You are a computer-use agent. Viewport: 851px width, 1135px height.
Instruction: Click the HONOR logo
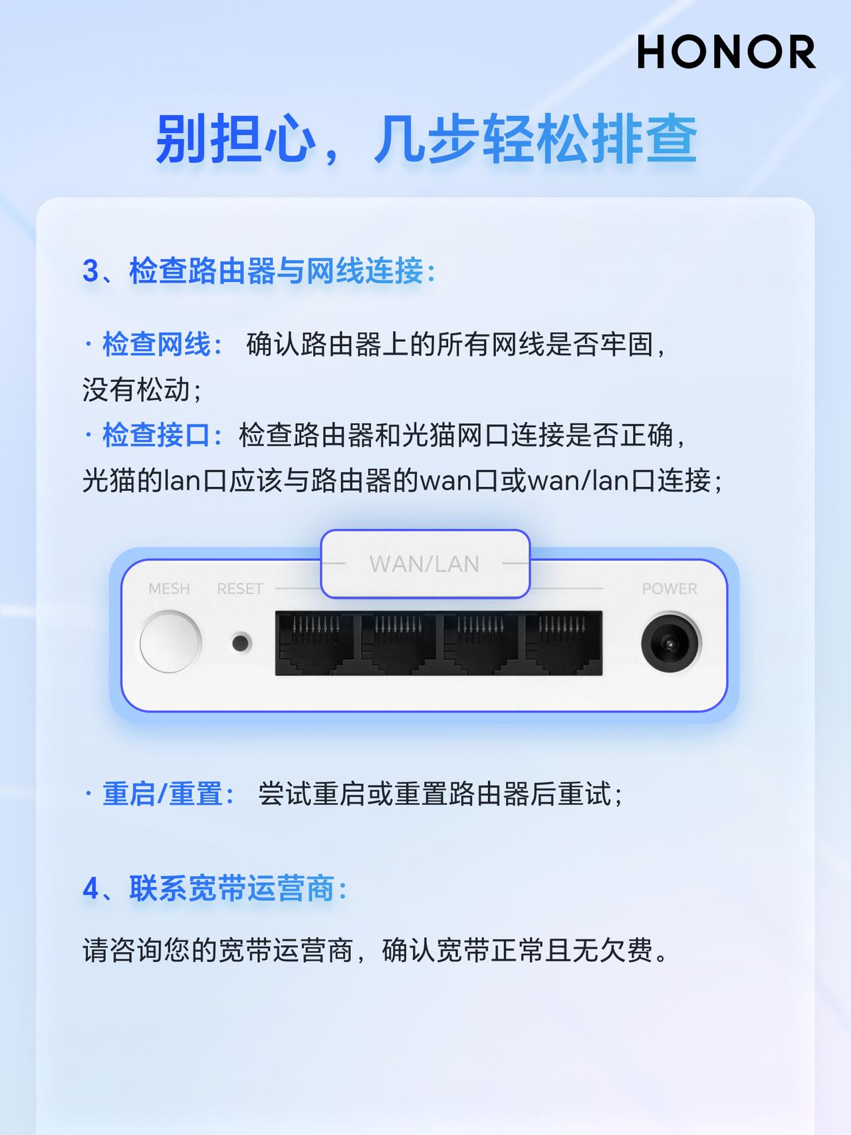pyautogui.click(x=726, y=53)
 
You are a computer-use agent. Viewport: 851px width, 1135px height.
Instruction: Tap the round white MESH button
pyautogui.click(x=170, y=642)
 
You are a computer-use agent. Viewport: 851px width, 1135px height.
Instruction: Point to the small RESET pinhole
pyautogui.click(x=241, y=643)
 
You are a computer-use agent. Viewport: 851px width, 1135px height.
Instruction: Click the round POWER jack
pyautogui.click(x=670, y=643)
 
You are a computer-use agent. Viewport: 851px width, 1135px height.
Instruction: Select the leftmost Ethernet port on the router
pyautogui.click(x=316, y=643)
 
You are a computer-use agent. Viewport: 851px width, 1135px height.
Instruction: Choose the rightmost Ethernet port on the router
pyautogui.click(x=562, y=643)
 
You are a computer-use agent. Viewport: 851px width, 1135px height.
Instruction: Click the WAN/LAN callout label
pyautogui.click(x=425, y=564)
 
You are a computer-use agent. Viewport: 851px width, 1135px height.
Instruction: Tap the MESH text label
pyautogui.click(x=169, y=589)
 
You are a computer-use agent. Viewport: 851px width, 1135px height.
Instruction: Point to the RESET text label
pyautogui.click(x=240, y=589)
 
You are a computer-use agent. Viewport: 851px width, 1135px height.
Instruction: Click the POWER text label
pyautogui.click(x=669, y=589)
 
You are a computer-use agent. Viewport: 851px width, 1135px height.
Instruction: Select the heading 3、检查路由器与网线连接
pyautogui.click(x=259, y=271)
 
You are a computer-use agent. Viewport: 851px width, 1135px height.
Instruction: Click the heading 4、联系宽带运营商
pyautogui.click(x=215, y=888)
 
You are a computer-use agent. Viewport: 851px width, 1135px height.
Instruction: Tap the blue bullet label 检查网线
pyautogui.click(x=156, y=345)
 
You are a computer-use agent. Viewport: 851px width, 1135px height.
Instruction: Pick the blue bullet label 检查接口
pyautogui.click(x=156, y=435)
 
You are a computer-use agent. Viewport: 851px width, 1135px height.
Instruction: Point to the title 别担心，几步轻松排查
pyautogui.click(x=426, y=140)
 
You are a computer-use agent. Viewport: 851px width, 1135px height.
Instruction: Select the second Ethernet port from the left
pyautogui.click(x=399, y=643)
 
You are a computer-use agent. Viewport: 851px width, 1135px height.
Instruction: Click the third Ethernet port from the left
pyautogui.click(x=481, y=643)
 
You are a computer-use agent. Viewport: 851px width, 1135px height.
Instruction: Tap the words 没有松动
pyautogui.click(x=136, y=390)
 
